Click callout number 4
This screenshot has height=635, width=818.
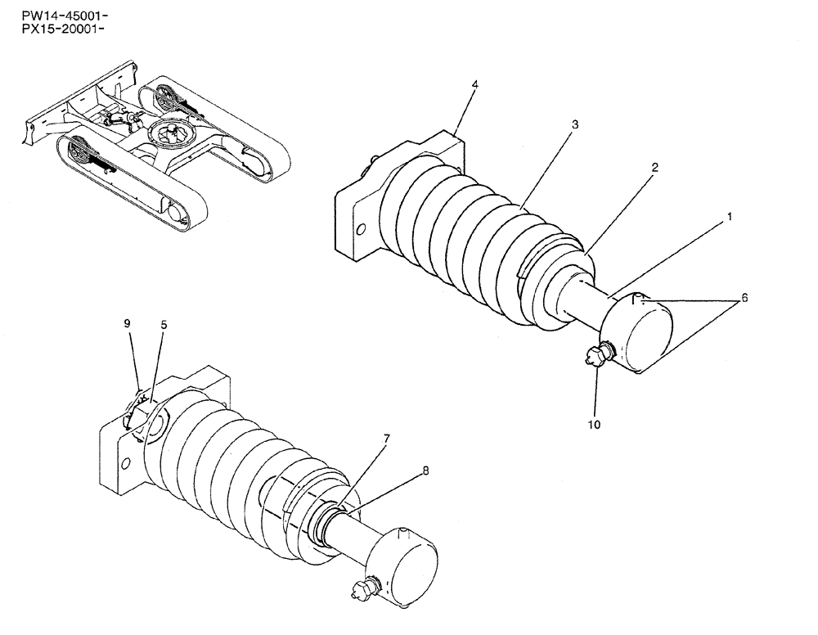pyautogui.click(x=474, y=84)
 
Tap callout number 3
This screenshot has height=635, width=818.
pyautogui.click(x=575, y=124)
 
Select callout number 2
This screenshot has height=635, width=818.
pyautogui.click(x=655, y=166)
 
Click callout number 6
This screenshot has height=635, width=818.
pyautogui.click(x=744, y=299)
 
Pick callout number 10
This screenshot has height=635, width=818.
pyautogui.click(x=594, y=425)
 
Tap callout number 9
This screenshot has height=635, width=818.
pyautogui.click(x=128, y=323)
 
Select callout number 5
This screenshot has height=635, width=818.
pyautogui.click(x=164, y=324)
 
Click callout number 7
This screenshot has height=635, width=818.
pyautogui.click(x=388, y=439)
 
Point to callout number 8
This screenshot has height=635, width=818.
pyautogui.click(x=425, y=471)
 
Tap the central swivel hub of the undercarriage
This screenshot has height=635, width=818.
pyautogui.click(x=175, y=133)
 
